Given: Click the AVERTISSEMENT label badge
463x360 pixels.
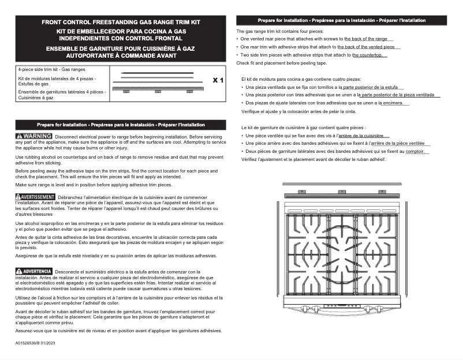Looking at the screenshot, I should (35, 197).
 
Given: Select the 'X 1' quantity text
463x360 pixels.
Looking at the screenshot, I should (218, 80).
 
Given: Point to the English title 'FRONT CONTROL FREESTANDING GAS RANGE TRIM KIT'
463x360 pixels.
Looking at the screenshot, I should (121, 22).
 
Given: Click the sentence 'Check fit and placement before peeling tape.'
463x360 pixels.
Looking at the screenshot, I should (282, 63).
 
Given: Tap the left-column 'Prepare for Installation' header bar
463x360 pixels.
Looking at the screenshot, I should (121, 124).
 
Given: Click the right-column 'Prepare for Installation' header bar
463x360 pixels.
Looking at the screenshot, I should (342, 20).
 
